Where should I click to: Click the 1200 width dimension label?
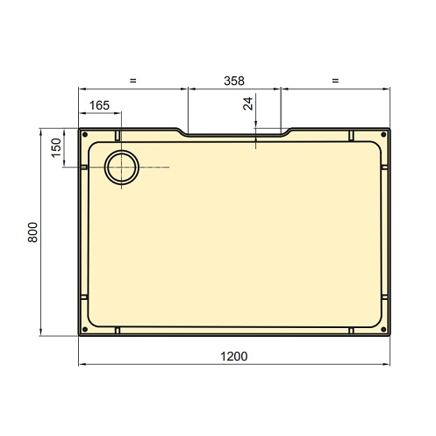click(233, 356)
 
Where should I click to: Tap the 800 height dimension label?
click(32, 232)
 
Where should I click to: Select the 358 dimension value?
click(234, 81)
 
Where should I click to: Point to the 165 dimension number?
click(99, 105)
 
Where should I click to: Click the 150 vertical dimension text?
click(56, 148)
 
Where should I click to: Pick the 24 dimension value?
click(248, 104)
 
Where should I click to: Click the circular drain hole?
click(122, 168)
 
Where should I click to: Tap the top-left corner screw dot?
click(85, 134)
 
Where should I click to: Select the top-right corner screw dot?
click(383, 134)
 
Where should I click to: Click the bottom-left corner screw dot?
click(85, 330)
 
